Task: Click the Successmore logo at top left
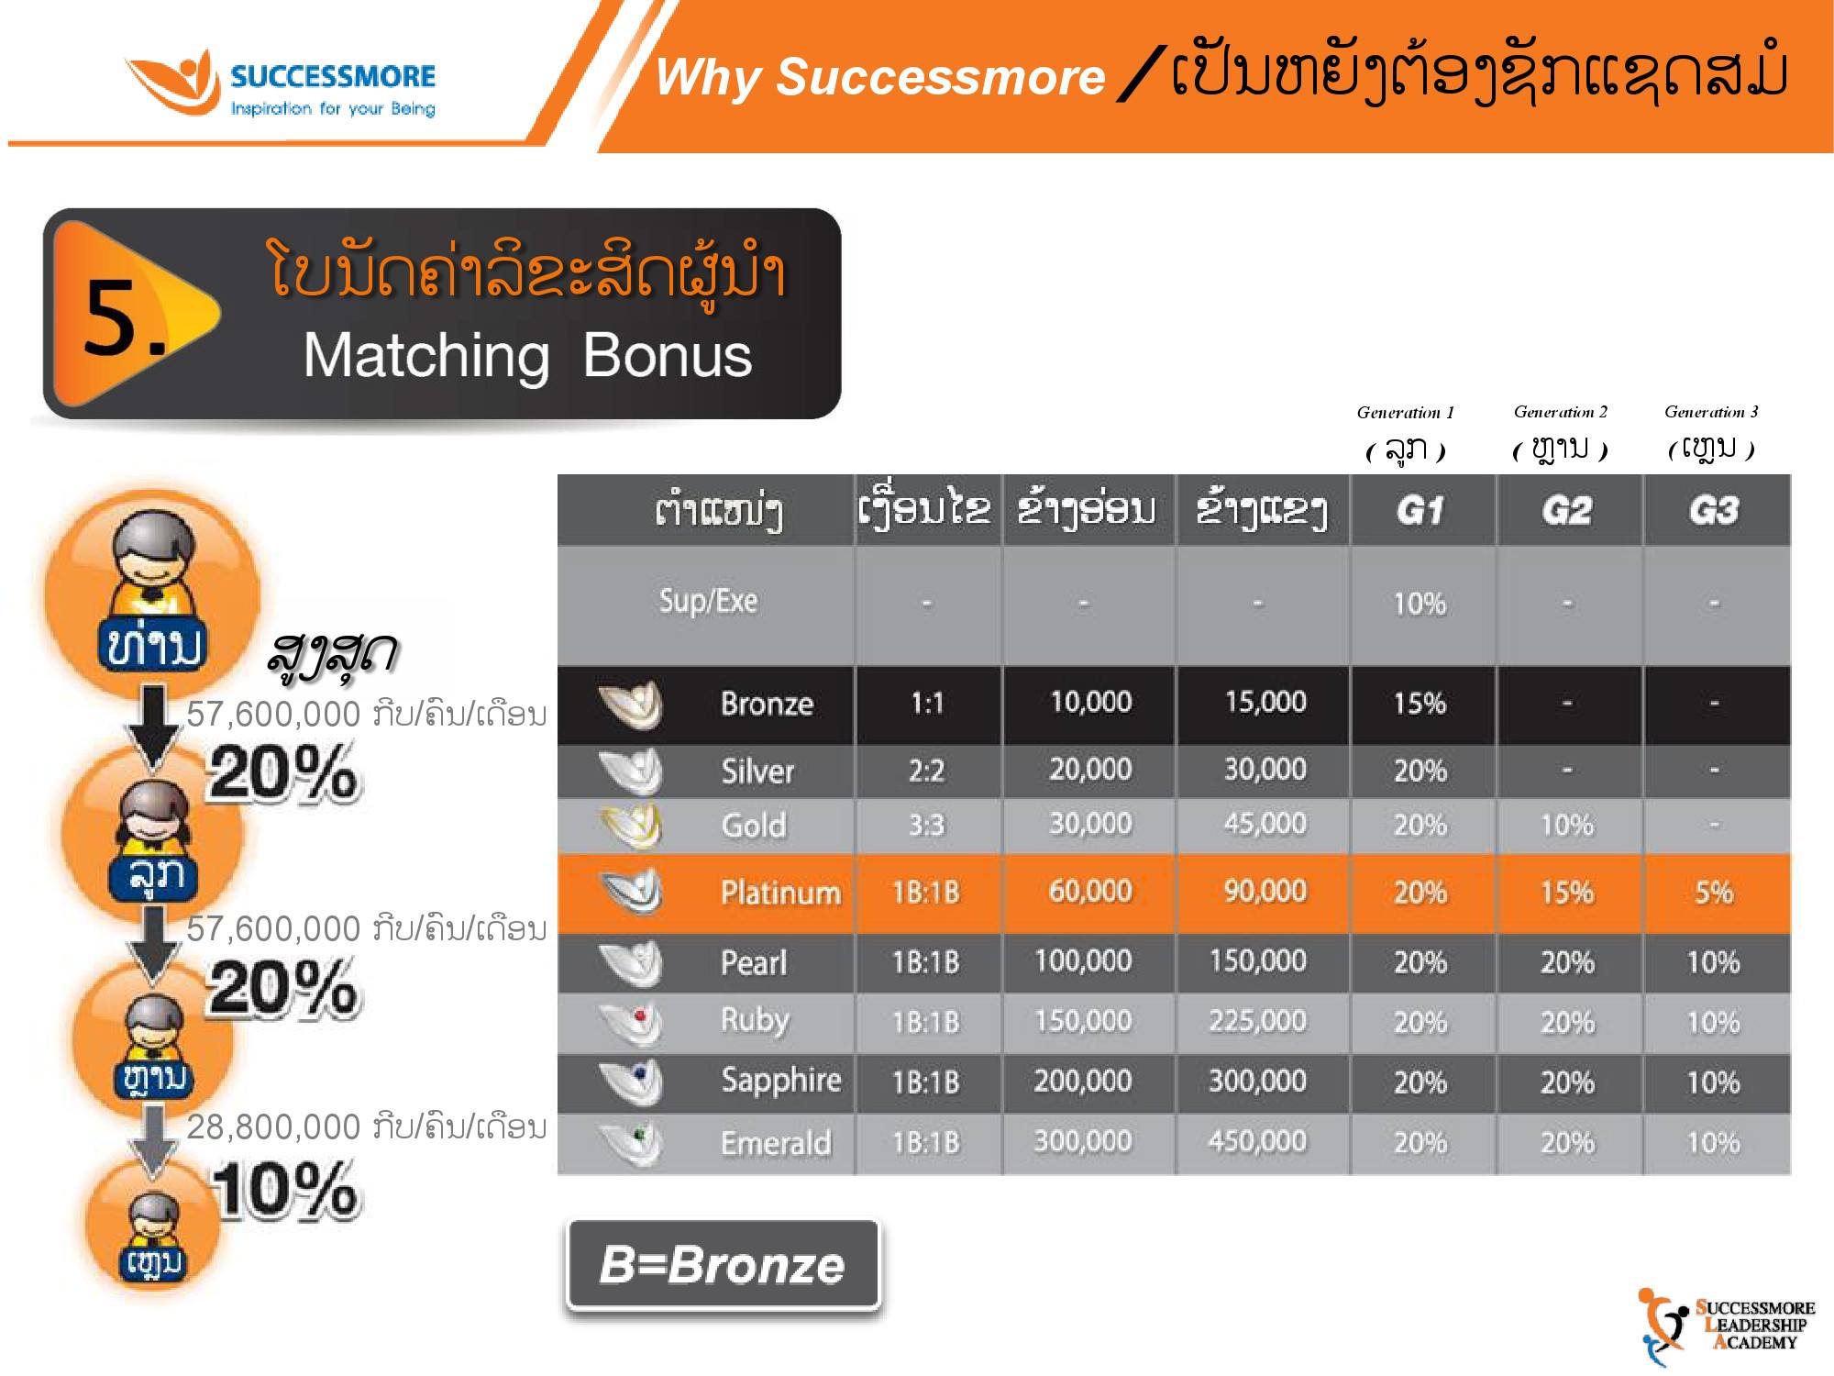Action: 281,83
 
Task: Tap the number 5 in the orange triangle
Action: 124,317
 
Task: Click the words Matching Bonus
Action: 527,356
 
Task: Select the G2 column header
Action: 1567,510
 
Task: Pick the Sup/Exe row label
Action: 708,601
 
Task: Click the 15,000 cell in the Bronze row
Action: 1265,703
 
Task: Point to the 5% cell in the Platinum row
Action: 1713,893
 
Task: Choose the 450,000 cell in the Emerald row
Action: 1257,1142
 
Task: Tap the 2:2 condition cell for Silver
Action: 926,771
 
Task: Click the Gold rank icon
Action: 631,825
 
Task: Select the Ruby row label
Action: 755,1020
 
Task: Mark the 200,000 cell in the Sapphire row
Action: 1082,1082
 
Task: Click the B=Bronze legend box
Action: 723,1265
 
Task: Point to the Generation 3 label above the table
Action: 1711,412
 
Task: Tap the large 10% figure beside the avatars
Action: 285,1190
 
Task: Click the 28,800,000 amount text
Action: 273,1126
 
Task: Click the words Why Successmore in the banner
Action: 879,77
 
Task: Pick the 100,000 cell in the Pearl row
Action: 1082,961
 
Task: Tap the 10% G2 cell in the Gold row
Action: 1566,826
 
